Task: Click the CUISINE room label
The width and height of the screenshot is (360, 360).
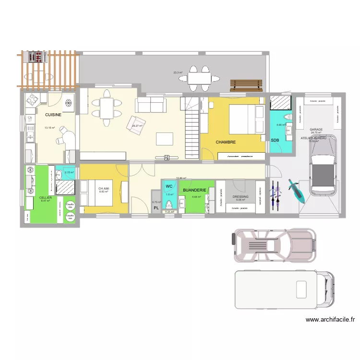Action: point(53,115)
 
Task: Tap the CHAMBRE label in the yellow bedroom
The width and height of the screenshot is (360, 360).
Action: point(226,142)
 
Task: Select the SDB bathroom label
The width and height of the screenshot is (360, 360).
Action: point(275,140)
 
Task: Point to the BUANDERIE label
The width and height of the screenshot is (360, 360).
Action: point(194,190)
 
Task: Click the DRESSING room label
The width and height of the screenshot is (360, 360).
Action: point(240,196)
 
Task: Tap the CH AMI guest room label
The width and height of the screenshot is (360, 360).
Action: point(104,189)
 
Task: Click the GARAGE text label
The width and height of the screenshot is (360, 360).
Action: point(316,130)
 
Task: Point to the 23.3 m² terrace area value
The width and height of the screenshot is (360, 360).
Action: point(178,73)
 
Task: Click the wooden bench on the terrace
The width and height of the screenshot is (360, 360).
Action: point(246,85)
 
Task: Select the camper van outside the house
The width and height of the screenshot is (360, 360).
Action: point(284,289)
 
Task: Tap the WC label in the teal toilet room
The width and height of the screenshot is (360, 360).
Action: point(169,186)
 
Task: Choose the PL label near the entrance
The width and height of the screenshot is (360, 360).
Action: point(156,208)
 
